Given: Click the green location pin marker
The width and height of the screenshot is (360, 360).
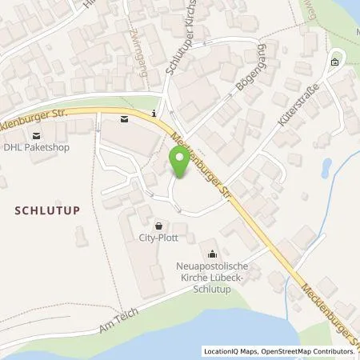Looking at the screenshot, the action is coord(179,163).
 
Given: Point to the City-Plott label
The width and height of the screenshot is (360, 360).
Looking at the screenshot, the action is coord(159,238).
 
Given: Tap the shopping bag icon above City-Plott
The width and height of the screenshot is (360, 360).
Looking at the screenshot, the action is coord(158,226).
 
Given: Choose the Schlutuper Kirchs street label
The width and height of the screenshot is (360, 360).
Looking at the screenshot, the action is coord(182,46).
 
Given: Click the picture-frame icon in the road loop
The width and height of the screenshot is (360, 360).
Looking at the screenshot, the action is coord(334,62).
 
